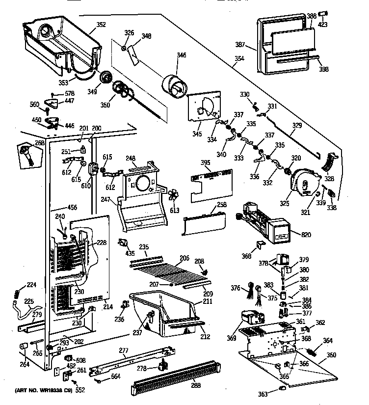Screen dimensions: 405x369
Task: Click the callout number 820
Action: (x=306, y=235)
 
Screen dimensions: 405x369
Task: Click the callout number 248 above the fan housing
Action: (x=130, y=158)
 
